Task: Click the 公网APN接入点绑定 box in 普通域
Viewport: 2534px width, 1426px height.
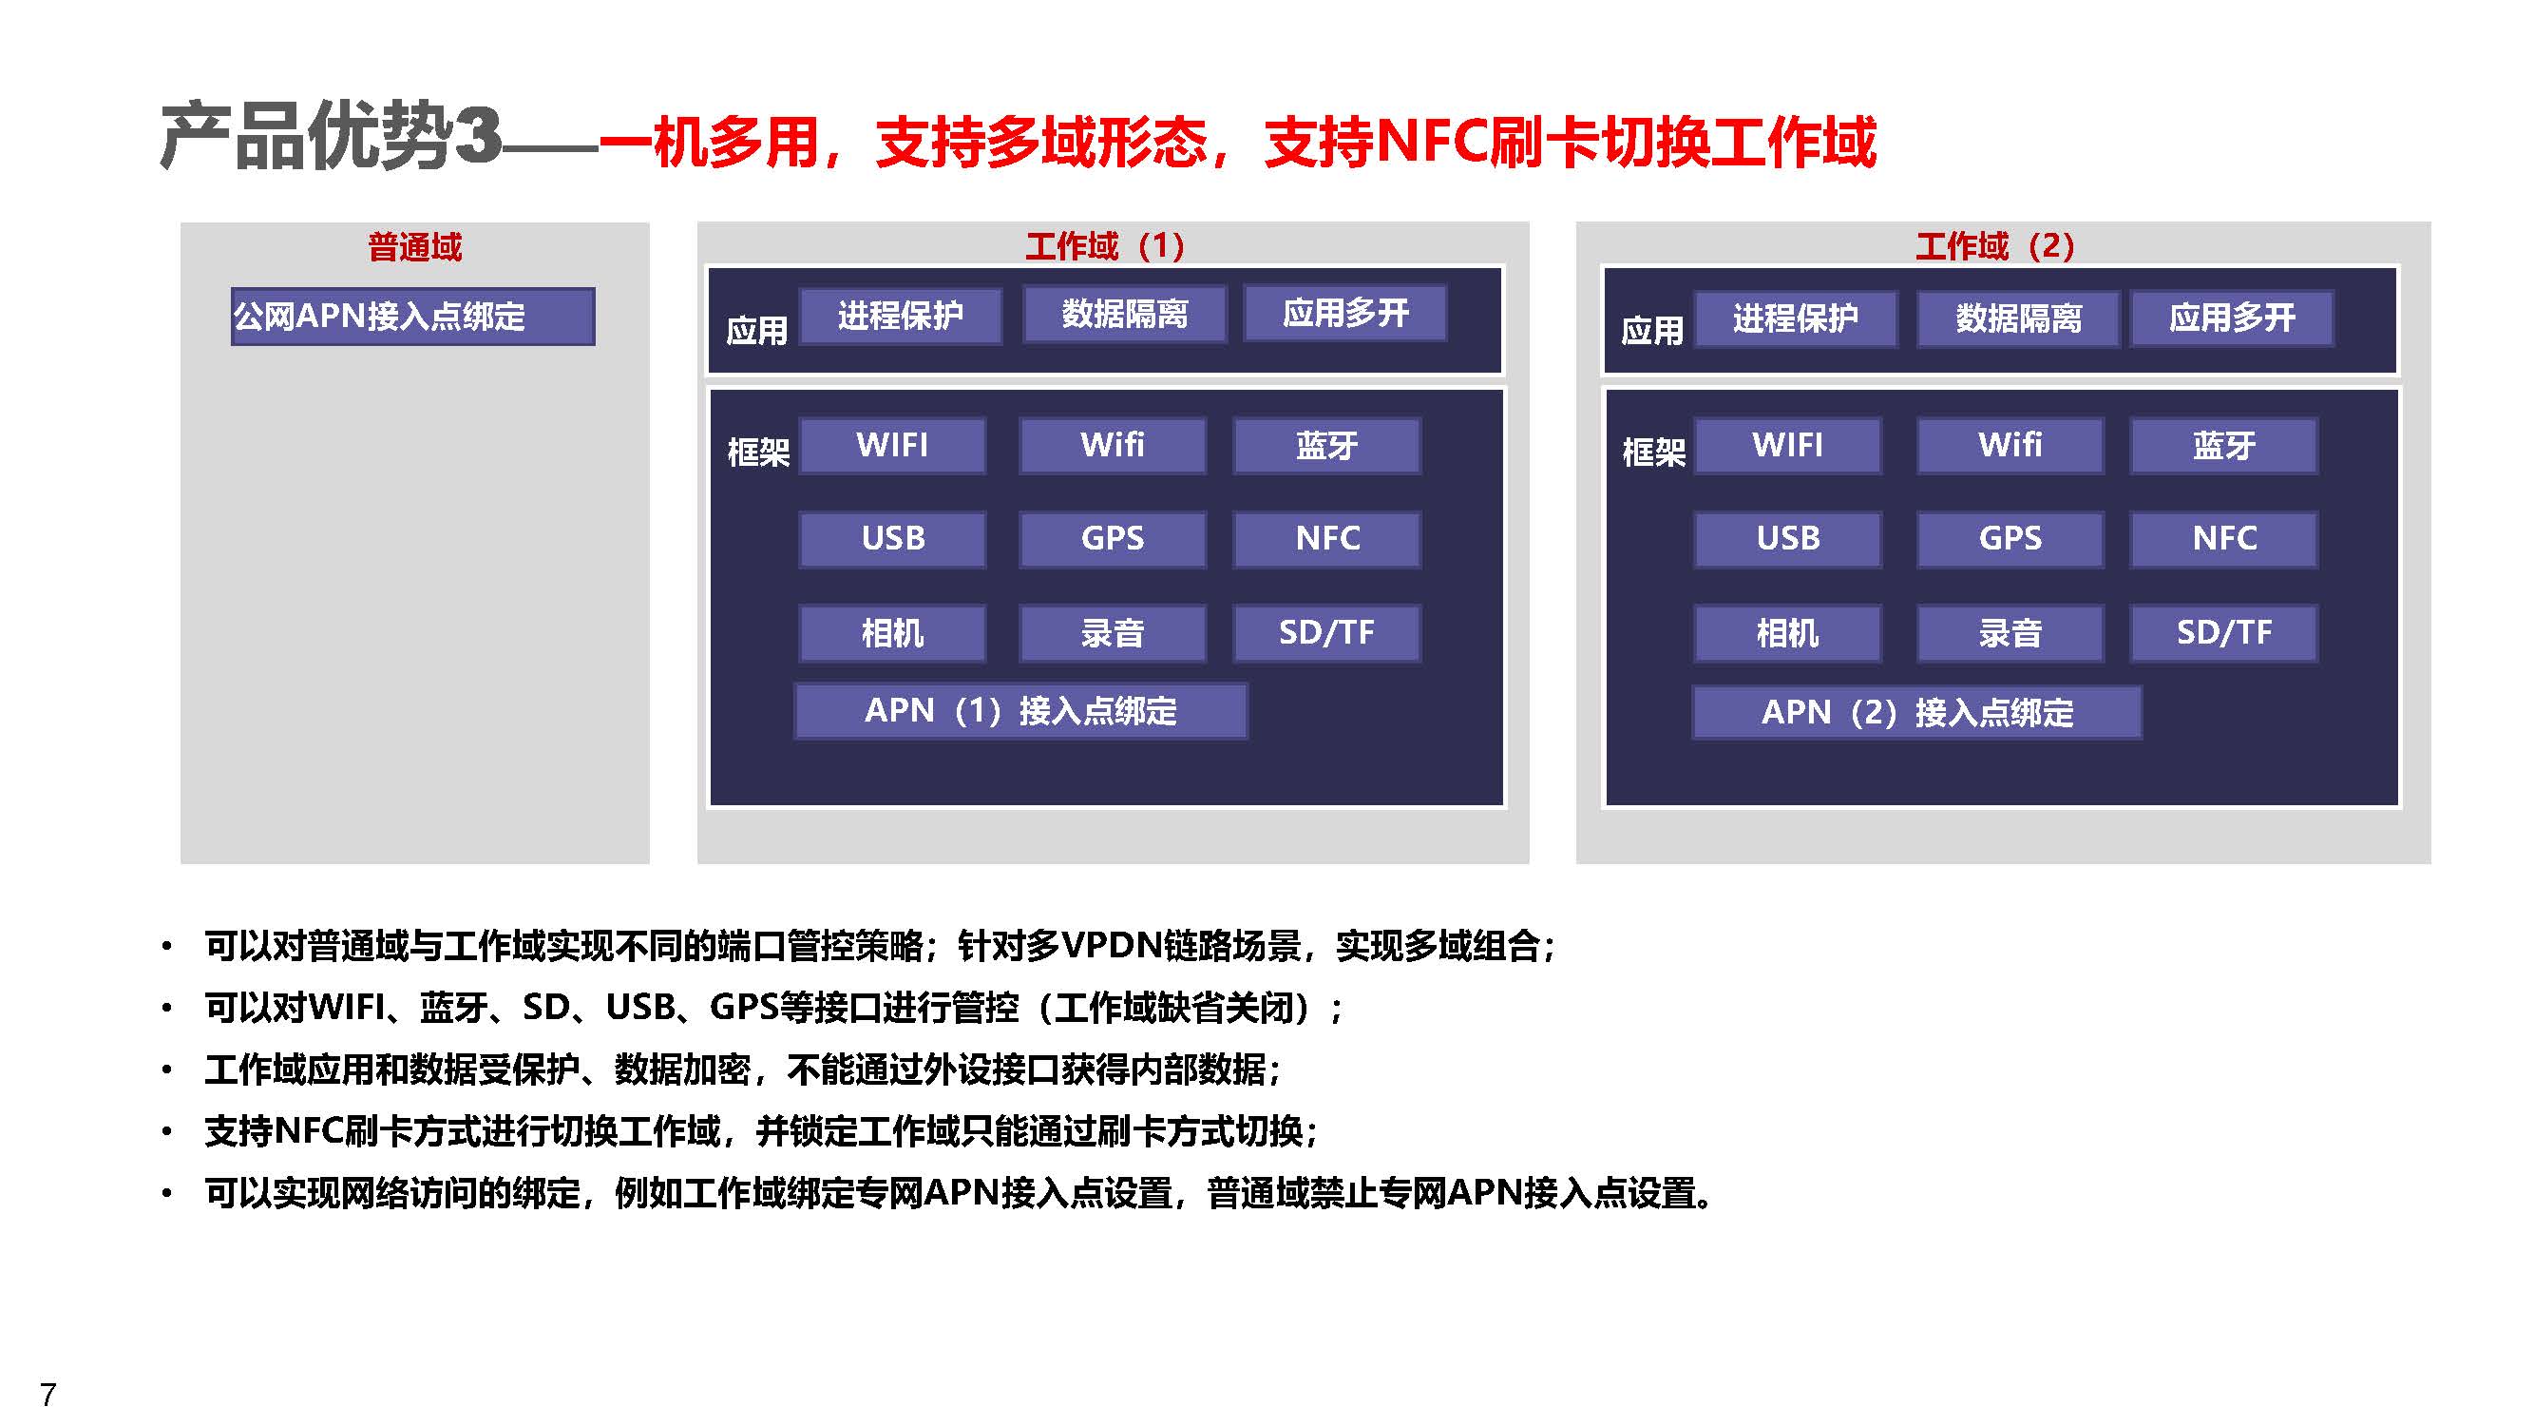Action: [x=412, y=316]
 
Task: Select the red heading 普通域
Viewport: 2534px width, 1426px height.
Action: [x=414, y=246]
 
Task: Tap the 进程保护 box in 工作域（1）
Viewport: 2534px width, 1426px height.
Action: [x=900, y=315]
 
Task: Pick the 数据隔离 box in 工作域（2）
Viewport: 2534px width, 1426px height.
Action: [x=2017, y=318]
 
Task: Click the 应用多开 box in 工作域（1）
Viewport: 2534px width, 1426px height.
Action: [x=1344, y=313]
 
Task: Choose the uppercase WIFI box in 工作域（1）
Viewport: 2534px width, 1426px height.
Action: [x=892, y=445]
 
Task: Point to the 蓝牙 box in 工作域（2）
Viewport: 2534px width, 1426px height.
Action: [x=2223, y=445]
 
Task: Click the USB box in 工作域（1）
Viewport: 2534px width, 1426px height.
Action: [x=892, y=538]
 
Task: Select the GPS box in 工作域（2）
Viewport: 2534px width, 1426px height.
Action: [x=2010, y=538]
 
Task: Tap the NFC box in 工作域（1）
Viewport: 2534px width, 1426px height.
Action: [x=1327, y=538]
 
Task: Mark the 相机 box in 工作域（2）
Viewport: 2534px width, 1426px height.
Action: [x=1787, y=632]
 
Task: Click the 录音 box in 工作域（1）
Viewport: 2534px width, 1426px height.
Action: [x=1113, y=632]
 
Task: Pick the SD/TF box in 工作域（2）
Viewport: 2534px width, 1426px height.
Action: [x=2223, y=632]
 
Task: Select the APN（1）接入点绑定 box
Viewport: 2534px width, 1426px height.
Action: [x=1021, y=710]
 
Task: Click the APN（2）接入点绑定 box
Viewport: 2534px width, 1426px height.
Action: [x=1916, y=711]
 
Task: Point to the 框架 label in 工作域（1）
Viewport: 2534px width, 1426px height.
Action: [x=757, y=452]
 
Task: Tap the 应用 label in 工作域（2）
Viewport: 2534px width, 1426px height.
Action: [x=1651, y=331]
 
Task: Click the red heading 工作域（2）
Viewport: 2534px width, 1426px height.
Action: [x=1995, y=245]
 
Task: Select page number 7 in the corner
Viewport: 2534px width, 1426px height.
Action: [x=48, y=1395]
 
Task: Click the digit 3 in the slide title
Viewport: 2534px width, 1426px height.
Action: [x=479, y=136]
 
